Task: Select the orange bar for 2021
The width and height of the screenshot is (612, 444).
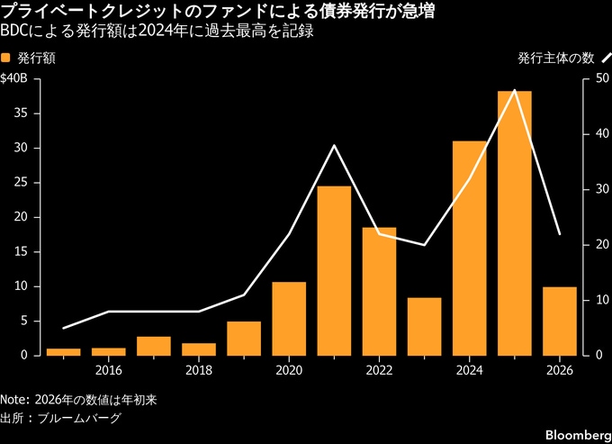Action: click(x=334, y=270)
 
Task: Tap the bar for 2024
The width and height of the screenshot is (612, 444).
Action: click(x=469, y=248)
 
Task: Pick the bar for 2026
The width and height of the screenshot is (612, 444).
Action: click(x=559, y=321)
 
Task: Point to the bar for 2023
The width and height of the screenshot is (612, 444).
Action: click(x=424, y=326)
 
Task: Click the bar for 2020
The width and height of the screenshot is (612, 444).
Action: click(x=289, y=318)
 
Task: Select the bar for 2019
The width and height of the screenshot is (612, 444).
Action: click(x=244, y=338)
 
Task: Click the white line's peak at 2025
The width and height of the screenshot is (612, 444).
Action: click(x=514, y=90)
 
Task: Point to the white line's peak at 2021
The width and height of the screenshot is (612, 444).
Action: click(x=334, y=145)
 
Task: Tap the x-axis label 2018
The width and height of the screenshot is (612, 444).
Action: click(x=199, y=369)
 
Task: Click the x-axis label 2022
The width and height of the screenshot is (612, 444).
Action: click(x=379, y=369)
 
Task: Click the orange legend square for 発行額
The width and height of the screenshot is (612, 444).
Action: click(x=7, y=59)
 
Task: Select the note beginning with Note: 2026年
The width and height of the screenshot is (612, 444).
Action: click(x=72, y=399)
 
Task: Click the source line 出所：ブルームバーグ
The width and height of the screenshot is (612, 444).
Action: click(x=61, y=418)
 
